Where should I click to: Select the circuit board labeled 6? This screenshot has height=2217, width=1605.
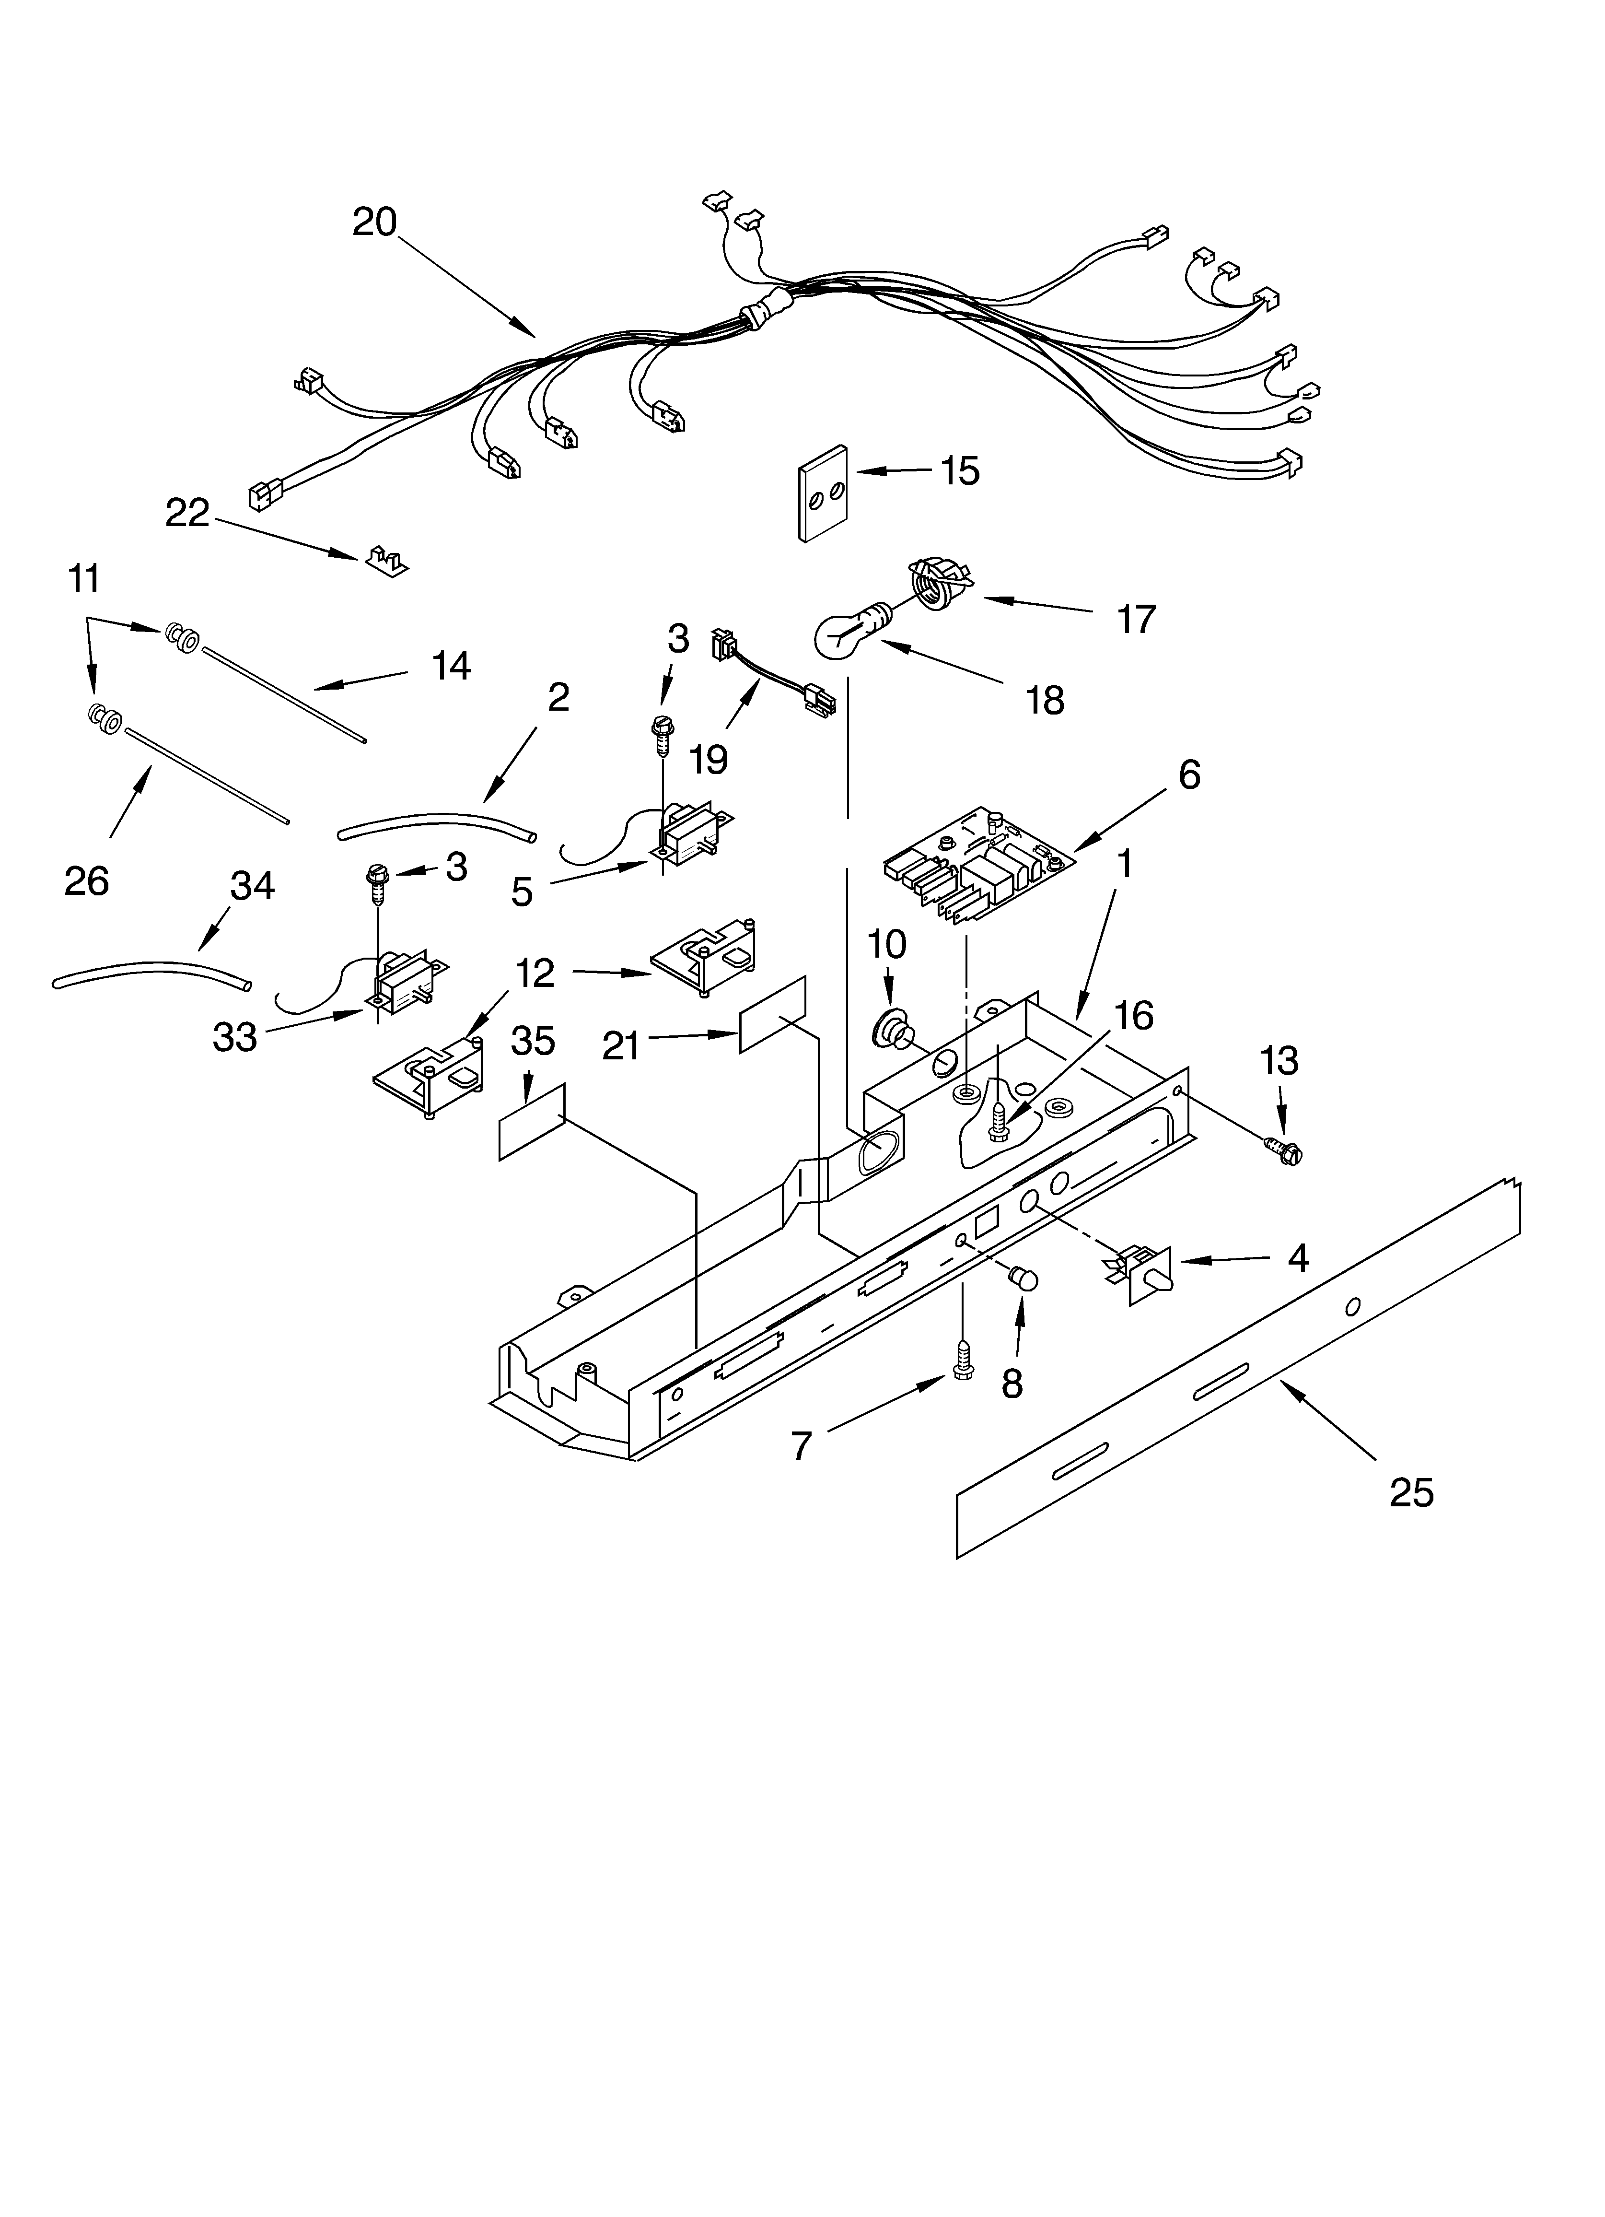[977, 860]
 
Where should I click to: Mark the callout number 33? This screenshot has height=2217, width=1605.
[234, 1037]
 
